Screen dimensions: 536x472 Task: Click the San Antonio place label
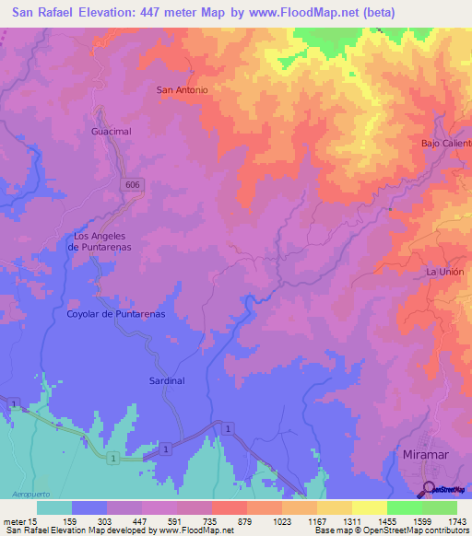pyautogui.click(x=183, y=89)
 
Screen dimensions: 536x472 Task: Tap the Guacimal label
pyautogui.click(x=112, y=132)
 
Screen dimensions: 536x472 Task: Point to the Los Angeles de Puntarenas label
pyautogui.click(x=102, y=241)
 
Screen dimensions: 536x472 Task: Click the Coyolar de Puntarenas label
pyautogui.click(x=116, y=314)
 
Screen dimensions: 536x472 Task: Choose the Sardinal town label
pyautogui.click(x=167, y=379)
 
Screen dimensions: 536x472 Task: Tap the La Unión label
pyautogui.click(x=443, y=273)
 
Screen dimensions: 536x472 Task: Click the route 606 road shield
pyautogui.click(x=135, y=185)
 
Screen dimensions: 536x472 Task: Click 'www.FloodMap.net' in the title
pyautogui.click(x=315, y=12)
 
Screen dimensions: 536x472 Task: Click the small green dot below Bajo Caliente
pyautogui.click(x=390, y=209)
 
